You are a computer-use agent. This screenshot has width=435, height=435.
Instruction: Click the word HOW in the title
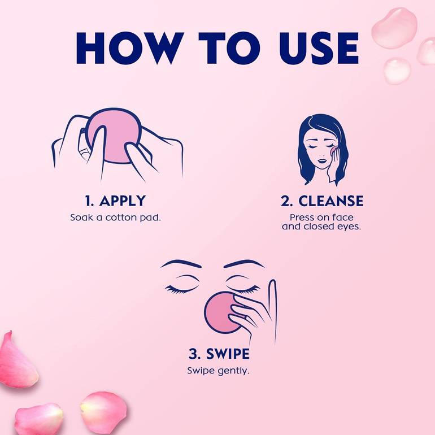pos(130,48)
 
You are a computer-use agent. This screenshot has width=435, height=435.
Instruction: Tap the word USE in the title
pos(319,48)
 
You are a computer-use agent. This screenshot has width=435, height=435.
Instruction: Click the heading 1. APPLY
pos(115,201)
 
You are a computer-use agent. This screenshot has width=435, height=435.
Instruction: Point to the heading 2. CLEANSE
pos(322,201)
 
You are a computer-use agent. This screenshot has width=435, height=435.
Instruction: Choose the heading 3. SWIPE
pos(219,354)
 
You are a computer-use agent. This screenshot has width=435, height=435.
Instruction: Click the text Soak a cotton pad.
pos(115,217)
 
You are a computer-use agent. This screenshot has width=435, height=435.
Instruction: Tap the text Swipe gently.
pos(218,371)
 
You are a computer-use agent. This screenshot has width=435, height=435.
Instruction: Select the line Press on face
pos(321,217)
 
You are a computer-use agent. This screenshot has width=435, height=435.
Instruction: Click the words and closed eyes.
pos(321,227)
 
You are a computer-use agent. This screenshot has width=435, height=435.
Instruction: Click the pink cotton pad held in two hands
pos(114,136)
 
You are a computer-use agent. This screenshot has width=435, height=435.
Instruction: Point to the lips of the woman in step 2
pos(322,160)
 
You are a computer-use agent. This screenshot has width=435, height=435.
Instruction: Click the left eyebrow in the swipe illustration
pos(181,264)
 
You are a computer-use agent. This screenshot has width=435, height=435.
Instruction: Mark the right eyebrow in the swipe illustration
pos(244,264)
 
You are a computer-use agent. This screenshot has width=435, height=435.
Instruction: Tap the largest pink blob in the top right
pos(394,28)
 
